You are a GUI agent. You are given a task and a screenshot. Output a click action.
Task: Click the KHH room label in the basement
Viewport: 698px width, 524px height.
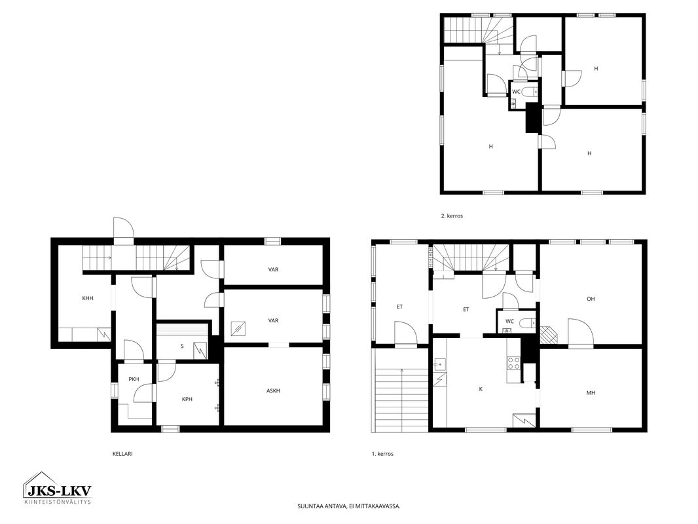[x=88, y=298]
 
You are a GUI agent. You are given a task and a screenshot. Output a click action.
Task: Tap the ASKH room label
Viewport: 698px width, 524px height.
[x=273, y=391]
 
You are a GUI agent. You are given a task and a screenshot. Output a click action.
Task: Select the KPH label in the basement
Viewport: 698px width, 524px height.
[x=187, y=400]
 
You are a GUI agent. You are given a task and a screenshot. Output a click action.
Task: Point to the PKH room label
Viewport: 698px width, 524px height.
[x=134, y=379]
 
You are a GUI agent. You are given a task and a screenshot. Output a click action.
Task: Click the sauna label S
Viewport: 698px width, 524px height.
[x=182, y=346]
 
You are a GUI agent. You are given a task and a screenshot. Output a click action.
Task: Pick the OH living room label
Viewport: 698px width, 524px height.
[x=591, y=299]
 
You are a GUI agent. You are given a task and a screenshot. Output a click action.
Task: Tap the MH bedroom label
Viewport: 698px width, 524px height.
[x=591, y=392]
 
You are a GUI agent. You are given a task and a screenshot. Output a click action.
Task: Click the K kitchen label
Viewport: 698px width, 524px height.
[x=481, y=389]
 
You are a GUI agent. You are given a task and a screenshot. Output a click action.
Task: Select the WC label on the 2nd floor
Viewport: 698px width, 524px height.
[x=517, y=92]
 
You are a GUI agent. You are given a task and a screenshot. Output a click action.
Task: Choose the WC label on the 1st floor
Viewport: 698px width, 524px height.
[x=509, y=321]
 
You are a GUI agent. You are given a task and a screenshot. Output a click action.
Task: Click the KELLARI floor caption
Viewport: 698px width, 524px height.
[x=122, y=454]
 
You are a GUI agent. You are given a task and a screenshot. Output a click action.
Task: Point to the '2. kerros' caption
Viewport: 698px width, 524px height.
[x=452, y=216]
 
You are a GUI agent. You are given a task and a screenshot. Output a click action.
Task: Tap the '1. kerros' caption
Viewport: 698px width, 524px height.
[x=382, y=454]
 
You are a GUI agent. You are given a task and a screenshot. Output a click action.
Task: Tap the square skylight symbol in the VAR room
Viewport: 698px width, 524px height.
[x=238, y=329]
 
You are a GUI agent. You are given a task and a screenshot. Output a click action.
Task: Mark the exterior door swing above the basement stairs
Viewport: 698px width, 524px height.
[x=124, y=228]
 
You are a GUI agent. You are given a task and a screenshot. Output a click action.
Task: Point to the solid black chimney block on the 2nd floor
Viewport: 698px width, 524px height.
[x=532, y=117]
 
